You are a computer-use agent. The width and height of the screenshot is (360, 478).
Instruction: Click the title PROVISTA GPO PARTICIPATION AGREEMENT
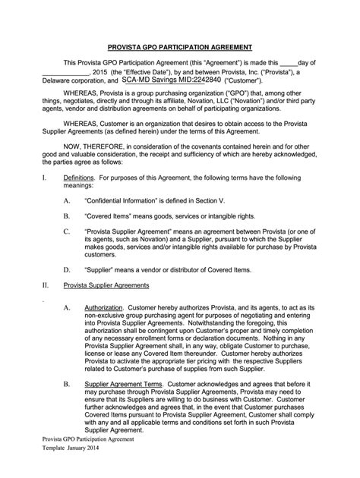[x=179, y=46]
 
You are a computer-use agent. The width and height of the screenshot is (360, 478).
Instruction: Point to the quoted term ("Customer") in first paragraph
[x=244, y=79]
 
